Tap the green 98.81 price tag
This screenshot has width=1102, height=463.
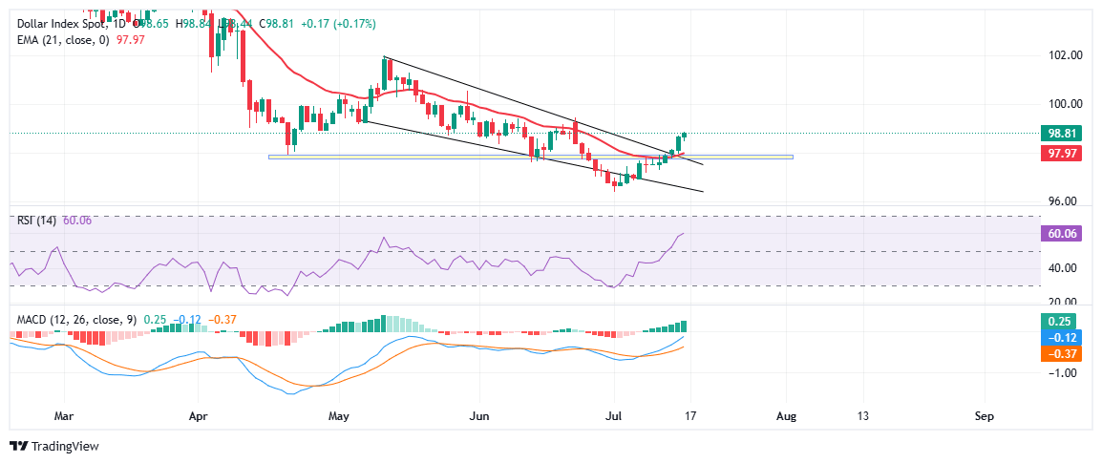[x=1062, y=134]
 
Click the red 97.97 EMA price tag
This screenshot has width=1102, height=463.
[x=1062, y=153]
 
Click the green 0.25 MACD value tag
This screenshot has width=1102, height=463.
[x=1062, y=321]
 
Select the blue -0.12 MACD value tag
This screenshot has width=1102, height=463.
[x=1062, y=338]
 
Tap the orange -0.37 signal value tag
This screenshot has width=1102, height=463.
[x=1062, y=354]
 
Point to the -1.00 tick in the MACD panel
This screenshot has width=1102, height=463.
[x=1063, y=373]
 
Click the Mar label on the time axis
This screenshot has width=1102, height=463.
[x=64, y=417]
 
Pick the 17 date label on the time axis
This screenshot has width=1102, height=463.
[x=690, y=417]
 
